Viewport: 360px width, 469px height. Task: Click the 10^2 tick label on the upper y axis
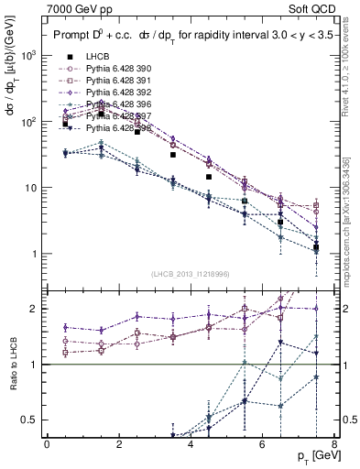coord(29,121)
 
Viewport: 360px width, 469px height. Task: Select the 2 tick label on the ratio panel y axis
coord(34,309)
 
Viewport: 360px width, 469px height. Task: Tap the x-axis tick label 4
coord(191,444)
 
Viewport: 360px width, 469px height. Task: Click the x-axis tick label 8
coord(333,444)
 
